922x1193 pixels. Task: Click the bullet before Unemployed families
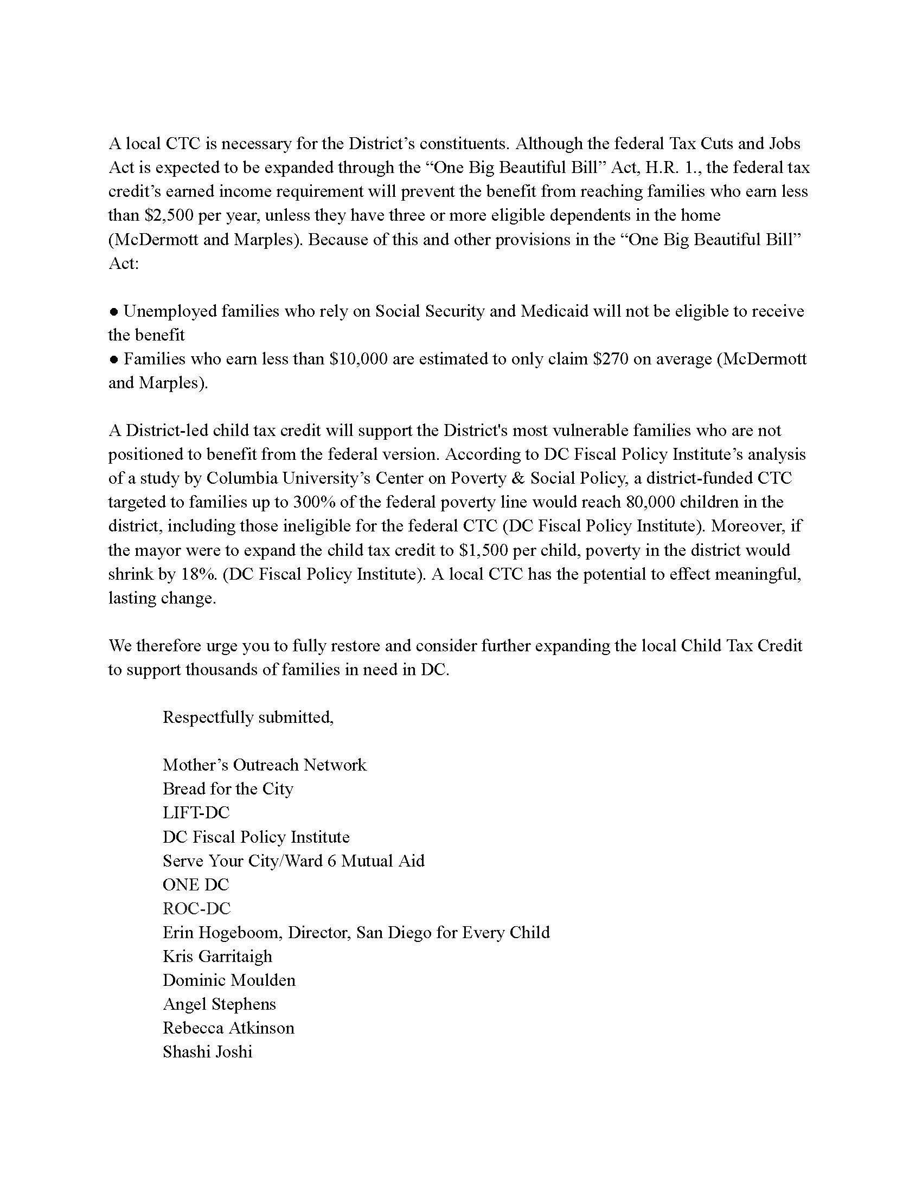point(113,312)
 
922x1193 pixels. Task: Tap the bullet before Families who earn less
point(113,360)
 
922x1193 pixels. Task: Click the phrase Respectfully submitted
point(248,717)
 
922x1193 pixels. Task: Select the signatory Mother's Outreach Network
point(264,765)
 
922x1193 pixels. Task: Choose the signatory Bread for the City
point(228,789)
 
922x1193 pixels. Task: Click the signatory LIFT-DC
point(196,813)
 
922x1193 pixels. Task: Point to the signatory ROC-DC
point(197,908)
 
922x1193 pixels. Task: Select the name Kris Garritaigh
point(217,957)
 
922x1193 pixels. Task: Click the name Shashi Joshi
point(208,1052)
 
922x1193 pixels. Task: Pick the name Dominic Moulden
point(229,980)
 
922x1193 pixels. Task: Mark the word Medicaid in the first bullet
point(554,311)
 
